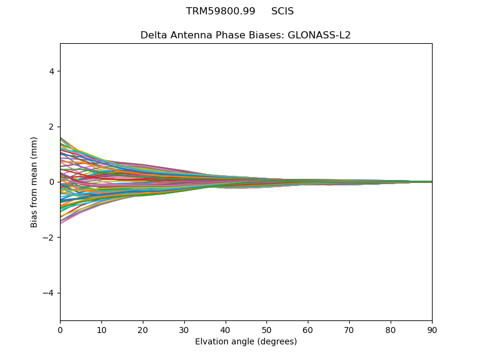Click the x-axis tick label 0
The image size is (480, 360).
pos(60,329)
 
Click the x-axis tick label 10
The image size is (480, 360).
pos(101,329)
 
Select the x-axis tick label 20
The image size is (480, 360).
pos(143,329)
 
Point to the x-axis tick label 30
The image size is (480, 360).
pos(184,329)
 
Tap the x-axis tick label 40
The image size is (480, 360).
pos(226,329)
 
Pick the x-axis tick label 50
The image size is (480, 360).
pos(266,329)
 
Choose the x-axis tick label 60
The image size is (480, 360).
pos(308,329)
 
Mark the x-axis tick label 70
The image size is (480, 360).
pos(349,329)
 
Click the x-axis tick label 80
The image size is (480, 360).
pos(391,329)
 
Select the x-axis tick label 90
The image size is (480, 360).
pos(432,329)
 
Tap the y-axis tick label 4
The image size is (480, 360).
pos(52,71)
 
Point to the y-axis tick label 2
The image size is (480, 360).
pos(52,127)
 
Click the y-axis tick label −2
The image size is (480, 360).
pos(49,238)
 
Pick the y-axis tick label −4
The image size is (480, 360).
pos(49,293)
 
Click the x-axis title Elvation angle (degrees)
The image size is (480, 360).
pos(246,341)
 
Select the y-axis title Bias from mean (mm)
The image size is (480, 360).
pos(35,182)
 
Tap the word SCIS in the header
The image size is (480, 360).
pos(283,11)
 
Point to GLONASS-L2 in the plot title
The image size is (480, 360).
pos(319,35)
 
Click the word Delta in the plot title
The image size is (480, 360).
pos(152,35)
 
